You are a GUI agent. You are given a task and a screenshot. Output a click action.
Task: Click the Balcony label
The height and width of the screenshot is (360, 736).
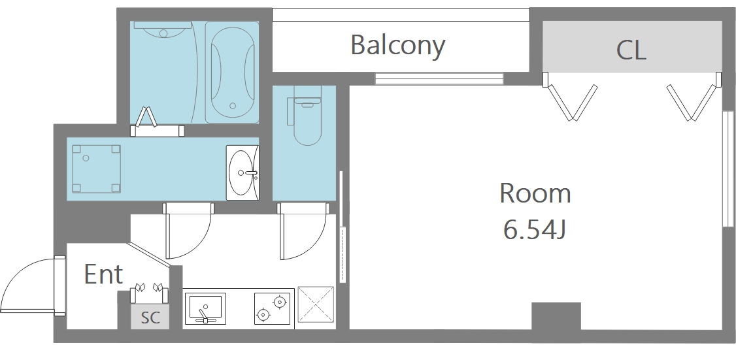(397, 46)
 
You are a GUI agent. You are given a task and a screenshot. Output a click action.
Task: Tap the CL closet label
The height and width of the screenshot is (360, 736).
(631, 50)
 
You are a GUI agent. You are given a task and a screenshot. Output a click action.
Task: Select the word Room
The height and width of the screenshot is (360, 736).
(535, 193)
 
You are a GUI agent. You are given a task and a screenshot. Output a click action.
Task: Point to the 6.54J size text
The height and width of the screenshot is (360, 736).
(533, 229)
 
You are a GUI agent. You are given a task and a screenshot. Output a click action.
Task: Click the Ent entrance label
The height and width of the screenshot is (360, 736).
(104, 274)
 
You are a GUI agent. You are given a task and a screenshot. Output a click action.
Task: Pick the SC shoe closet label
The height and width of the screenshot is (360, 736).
(151, 318)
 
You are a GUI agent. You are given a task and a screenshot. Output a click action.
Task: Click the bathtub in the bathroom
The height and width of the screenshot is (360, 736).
(232, 73)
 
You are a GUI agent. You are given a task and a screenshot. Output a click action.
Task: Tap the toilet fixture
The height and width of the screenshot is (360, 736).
(307, 115)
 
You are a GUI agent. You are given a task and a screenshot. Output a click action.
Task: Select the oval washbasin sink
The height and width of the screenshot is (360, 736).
(243, 172)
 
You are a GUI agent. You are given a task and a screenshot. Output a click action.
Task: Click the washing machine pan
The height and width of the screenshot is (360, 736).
(96, 169)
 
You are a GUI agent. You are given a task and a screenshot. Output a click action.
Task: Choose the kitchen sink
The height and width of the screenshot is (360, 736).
(205, 308)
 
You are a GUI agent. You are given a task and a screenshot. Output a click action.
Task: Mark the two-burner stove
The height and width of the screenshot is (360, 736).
(273, 308)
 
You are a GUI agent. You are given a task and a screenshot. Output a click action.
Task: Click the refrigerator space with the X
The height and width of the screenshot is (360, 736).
(316, 304)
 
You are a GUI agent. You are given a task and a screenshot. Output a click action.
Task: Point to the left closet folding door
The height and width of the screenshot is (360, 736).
(570, 100)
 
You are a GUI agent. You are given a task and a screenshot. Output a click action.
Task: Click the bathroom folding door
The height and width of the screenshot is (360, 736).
(146, 118)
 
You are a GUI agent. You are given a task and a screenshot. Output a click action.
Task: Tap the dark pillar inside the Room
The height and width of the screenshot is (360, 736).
(556, 316)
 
